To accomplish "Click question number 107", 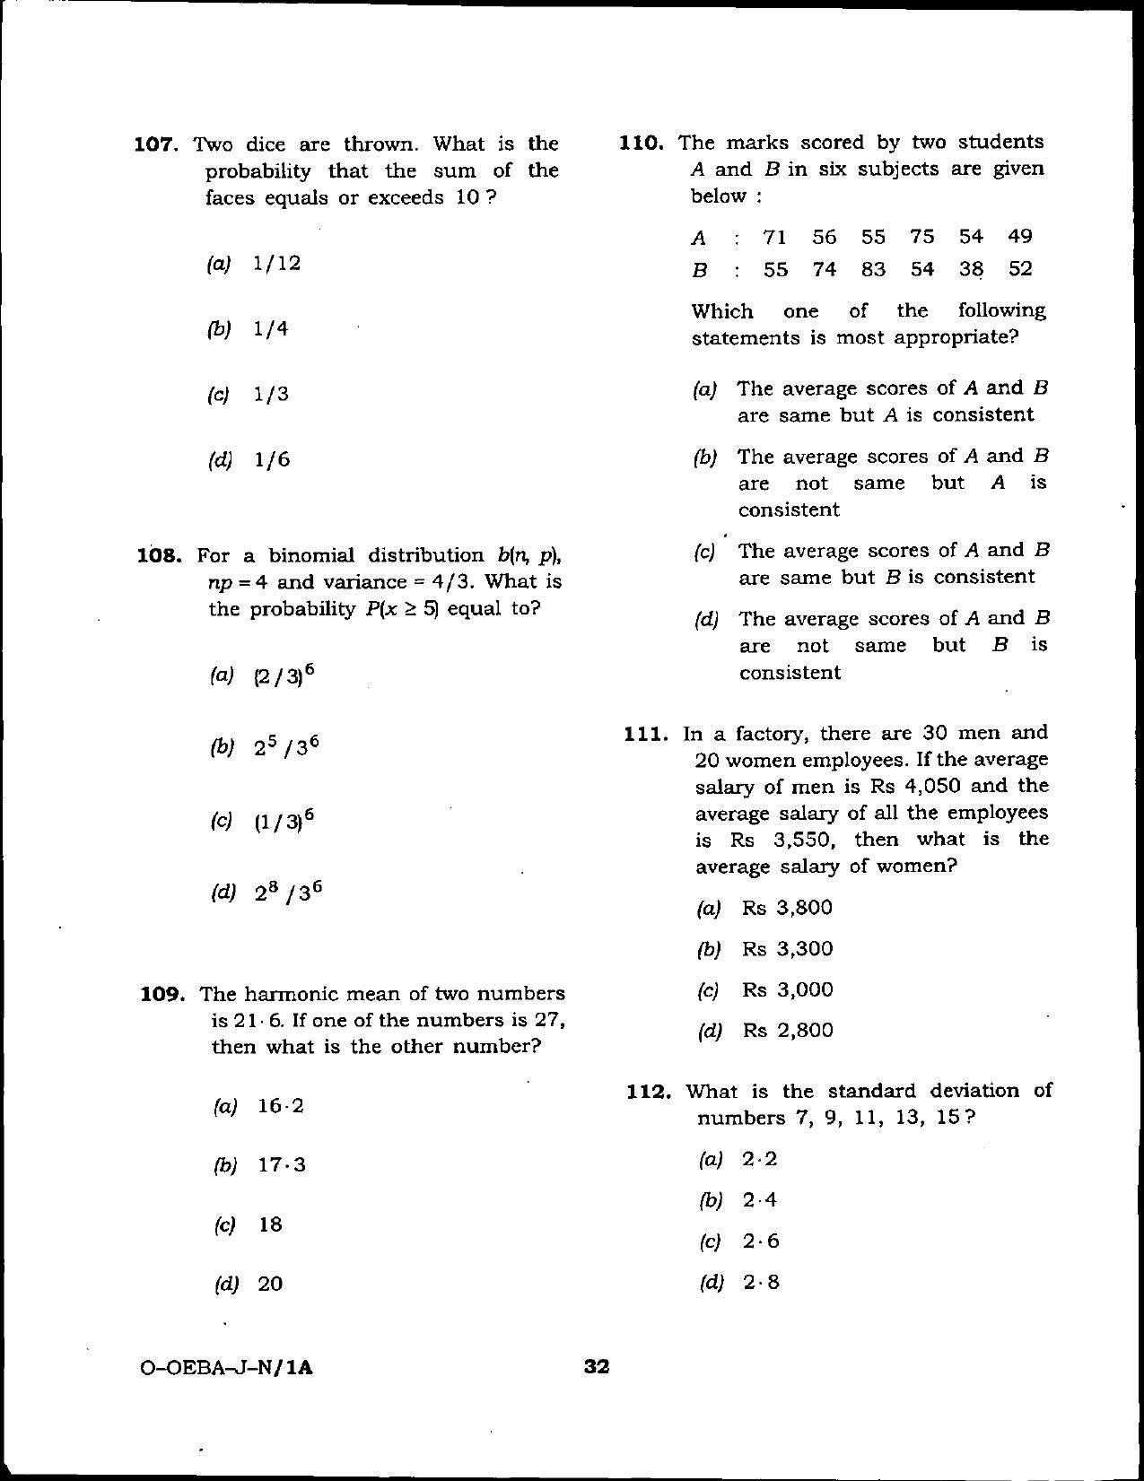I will (x=158, y=144).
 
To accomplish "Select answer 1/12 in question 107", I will (x=276, y=264).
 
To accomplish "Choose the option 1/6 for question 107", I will (x=272, y=460).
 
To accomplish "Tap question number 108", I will (x=160, y=555).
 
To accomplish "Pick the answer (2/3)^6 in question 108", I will (x=284, y=675).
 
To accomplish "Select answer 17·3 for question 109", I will (x=282, y=1165).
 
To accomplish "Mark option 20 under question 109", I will (x=270, y=1285).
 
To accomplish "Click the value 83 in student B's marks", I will (x=873, y=269).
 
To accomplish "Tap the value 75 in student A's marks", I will (x=921, y=237).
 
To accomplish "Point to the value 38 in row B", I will (x=971, y=269).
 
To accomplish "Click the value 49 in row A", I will (x=1019, y=237).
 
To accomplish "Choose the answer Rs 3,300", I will (x=787, y=949).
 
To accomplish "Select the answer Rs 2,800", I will (x=787, y=1031).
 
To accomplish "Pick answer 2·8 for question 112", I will (x=761, y=1283).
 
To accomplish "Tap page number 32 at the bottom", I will (x=597, y=1367).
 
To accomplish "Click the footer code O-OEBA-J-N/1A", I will (x=229, y=1369).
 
